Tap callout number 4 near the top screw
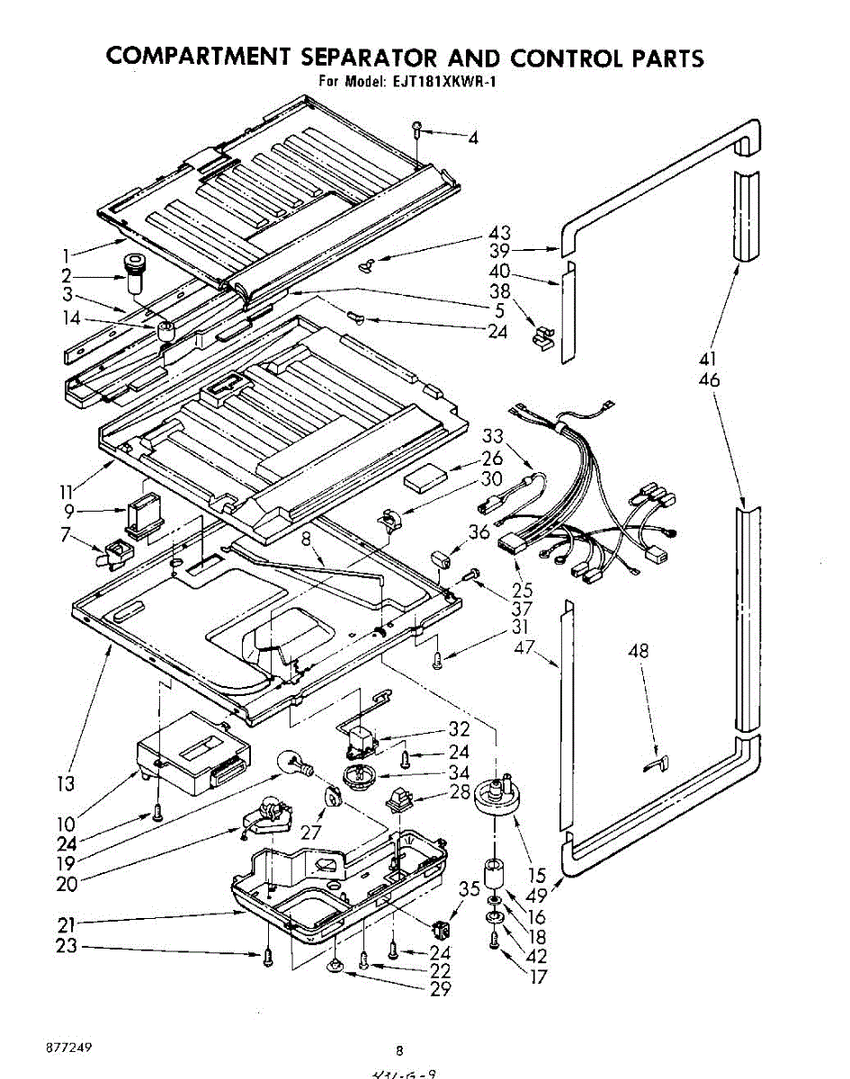[472, 138]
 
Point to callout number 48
[639, 651]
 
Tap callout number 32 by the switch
[459, 730]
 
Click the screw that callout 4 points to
[417, 128]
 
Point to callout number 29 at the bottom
[440, 990]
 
